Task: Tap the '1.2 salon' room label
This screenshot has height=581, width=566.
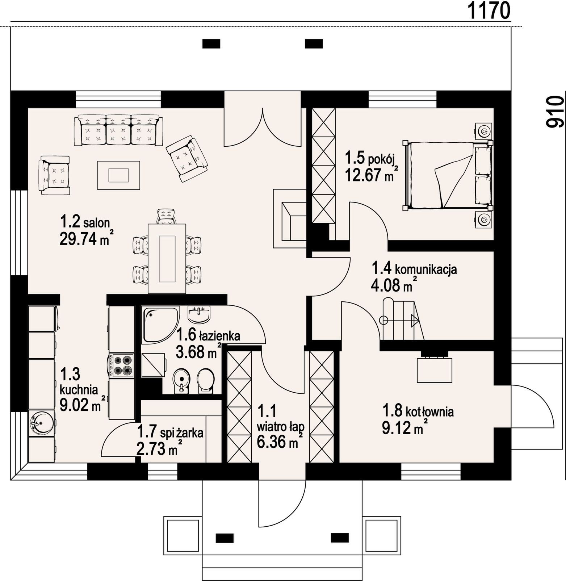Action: point(85,221)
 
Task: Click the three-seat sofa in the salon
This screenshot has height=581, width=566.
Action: point(118,131)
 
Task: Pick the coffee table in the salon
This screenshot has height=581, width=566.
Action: point(118,175)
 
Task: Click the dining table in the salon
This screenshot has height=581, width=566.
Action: point(167,259)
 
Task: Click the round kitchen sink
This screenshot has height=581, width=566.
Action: point(41,422)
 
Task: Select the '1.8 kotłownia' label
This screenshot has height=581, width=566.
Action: point(418,411)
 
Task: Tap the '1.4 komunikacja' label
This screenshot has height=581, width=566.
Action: point(414,269)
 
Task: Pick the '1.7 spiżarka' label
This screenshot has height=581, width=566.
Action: point(170,432)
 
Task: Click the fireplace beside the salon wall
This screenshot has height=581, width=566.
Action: point(290,218)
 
